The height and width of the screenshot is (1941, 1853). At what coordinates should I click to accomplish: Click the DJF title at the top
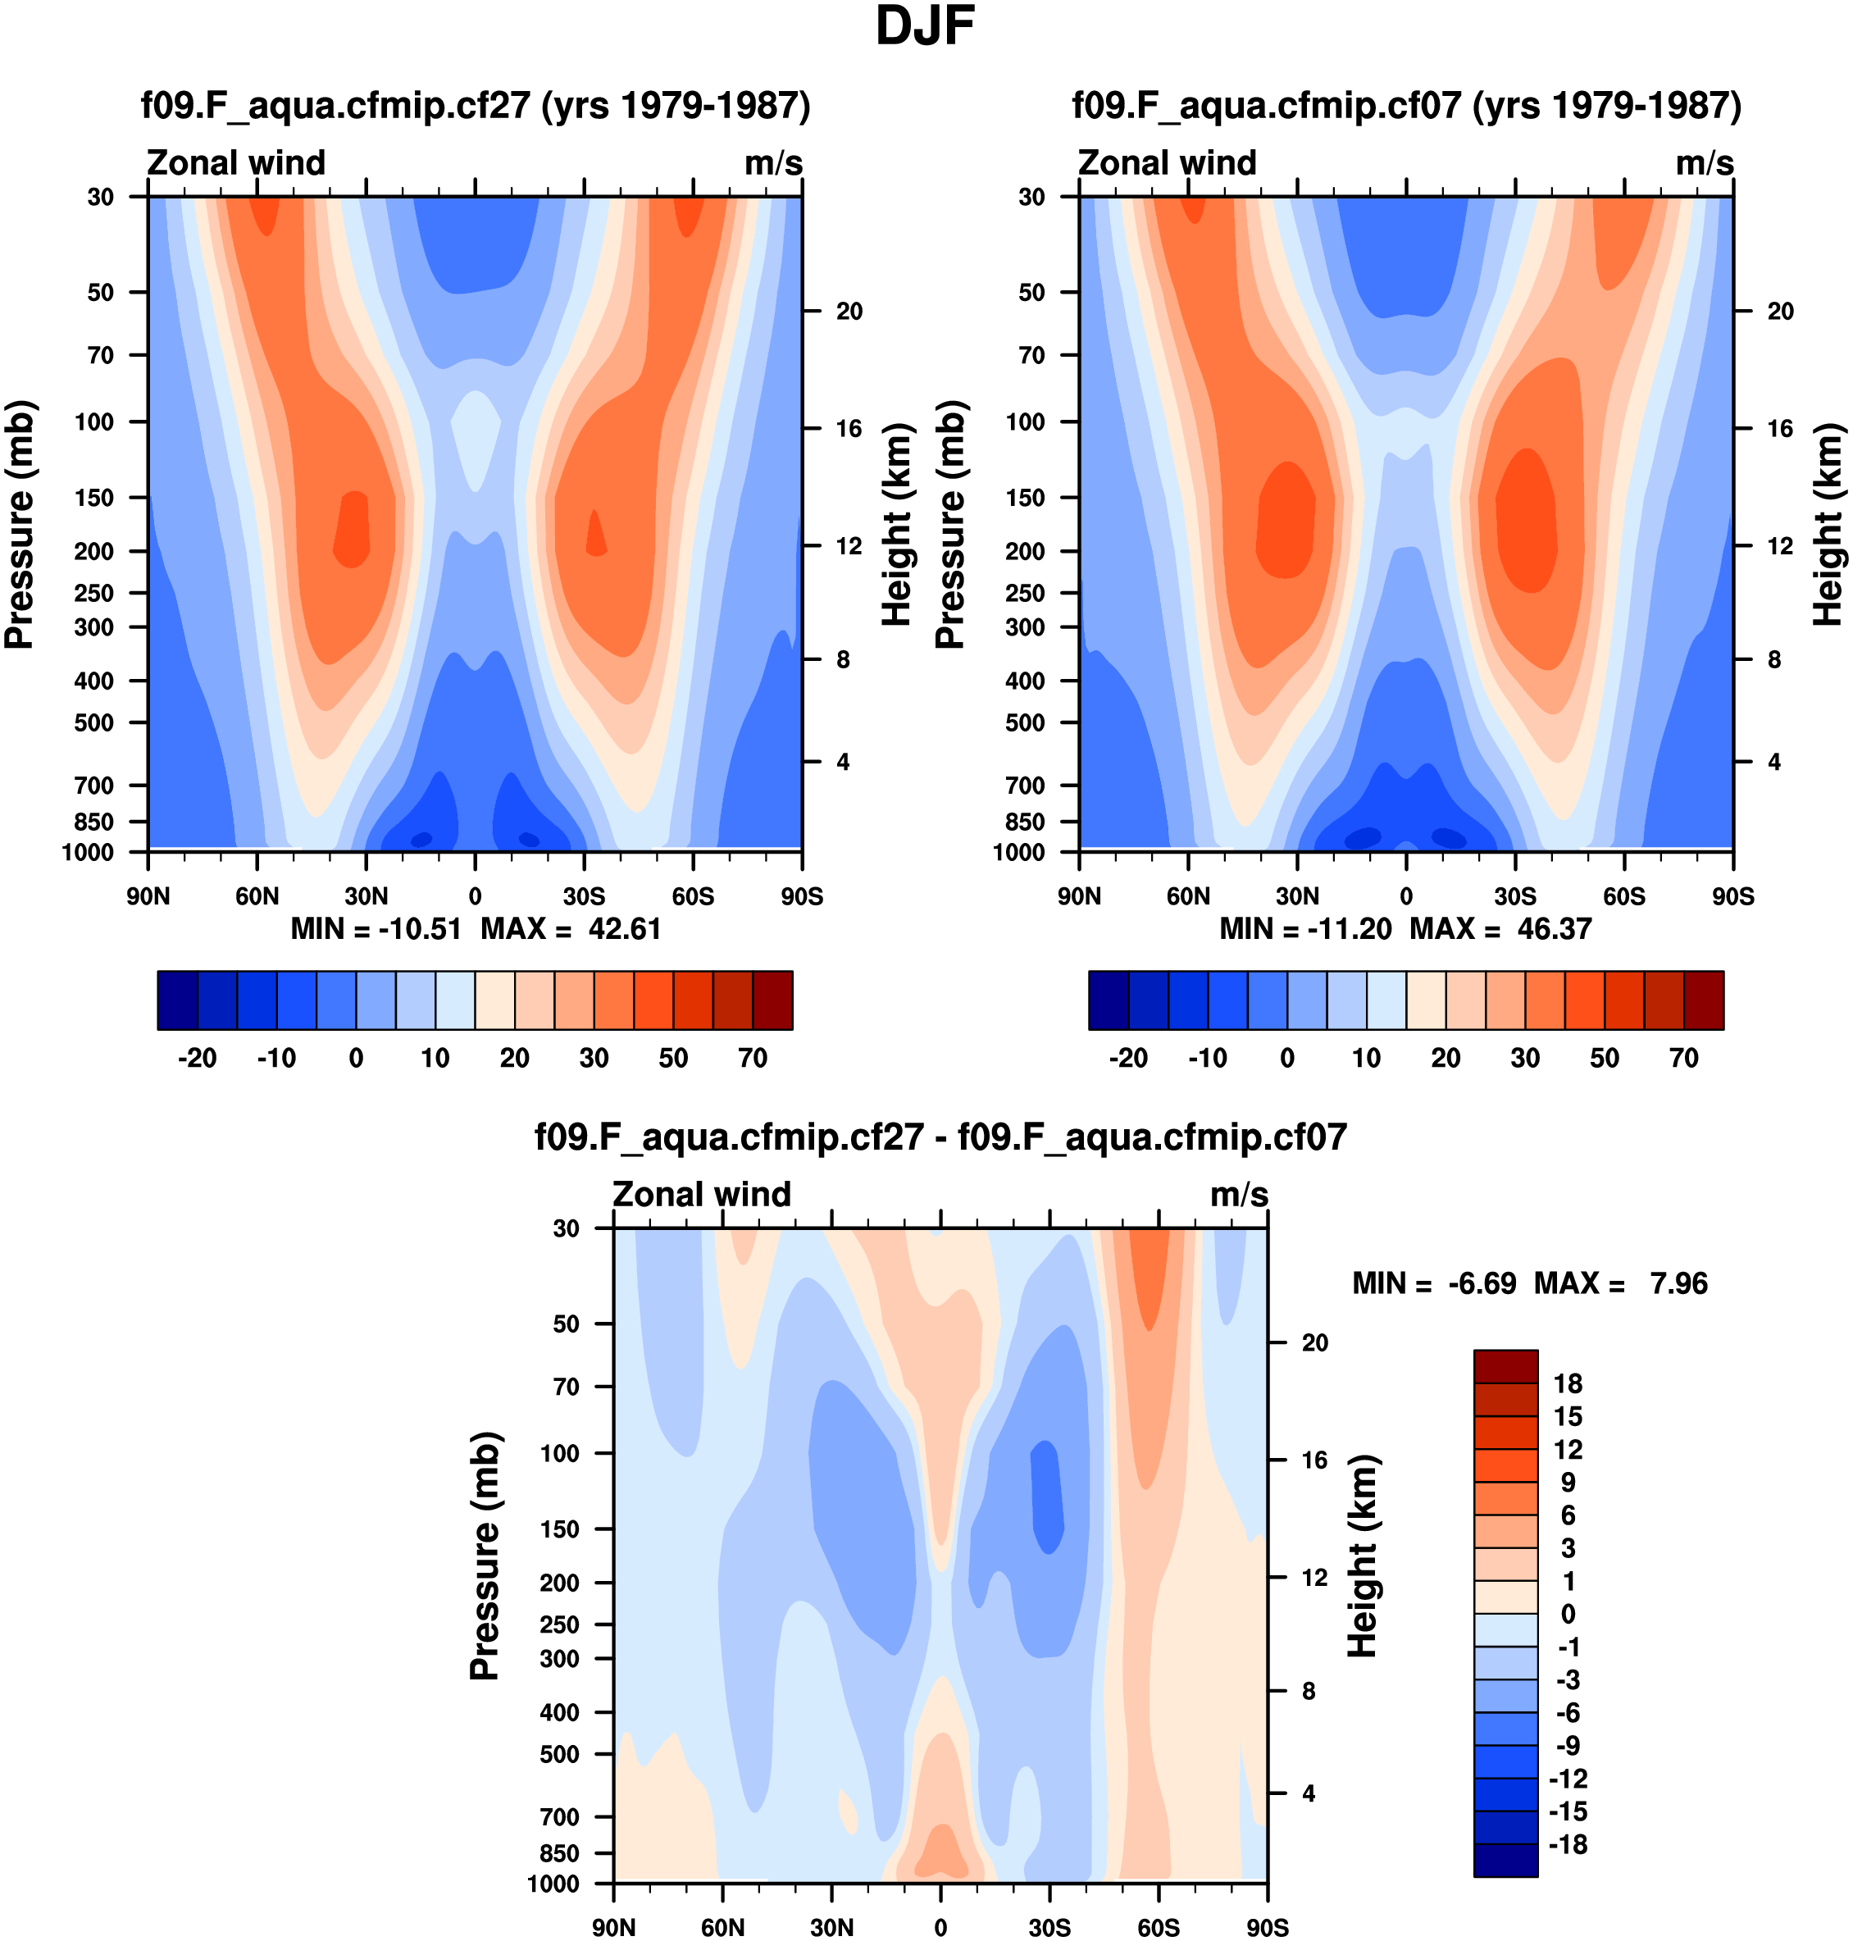(x=925, y=27)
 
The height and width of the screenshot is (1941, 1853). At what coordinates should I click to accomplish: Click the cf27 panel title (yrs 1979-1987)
(x=475, y=106)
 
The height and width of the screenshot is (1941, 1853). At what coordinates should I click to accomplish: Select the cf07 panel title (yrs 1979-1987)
(x=1406, y=106)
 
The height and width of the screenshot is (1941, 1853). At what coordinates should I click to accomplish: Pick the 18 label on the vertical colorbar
(x=1568, y=1383)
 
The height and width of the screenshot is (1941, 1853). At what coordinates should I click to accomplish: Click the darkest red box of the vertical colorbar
(x=1505, y=1366)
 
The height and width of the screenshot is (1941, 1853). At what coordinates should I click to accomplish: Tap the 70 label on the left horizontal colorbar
(x=753, y=1059)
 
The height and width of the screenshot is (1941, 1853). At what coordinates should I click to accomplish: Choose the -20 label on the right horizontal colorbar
(x=1128, y=1059)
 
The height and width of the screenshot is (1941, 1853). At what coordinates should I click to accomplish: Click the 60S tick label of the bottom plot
(x=1158, y=1928)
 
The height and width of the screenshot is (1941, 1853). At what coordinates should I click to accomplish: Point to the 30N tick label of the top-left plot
(x=366, y=897)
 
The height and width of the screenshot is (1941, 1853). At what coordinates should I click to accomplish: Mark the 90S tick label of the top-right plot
(x=1732, y=897)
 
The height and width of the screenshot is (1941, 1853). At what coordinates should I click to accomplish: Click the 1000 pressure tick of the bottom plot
(x=553, y=1884)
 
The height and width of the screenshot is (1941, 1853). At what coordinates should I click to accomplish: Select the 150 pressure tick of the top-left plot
(x=95, y=498)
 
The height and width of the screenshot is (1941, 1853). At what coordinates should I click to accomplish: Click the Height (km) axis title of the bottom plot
(x=1363, y=1556)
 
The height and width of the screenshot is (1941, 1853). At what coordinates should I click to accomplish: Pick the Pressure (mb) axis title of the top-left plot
(x=20, y=525)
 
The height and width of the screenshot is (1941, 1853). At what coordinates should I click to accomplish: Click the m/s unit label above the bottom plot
(x=1239, y=1196)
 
